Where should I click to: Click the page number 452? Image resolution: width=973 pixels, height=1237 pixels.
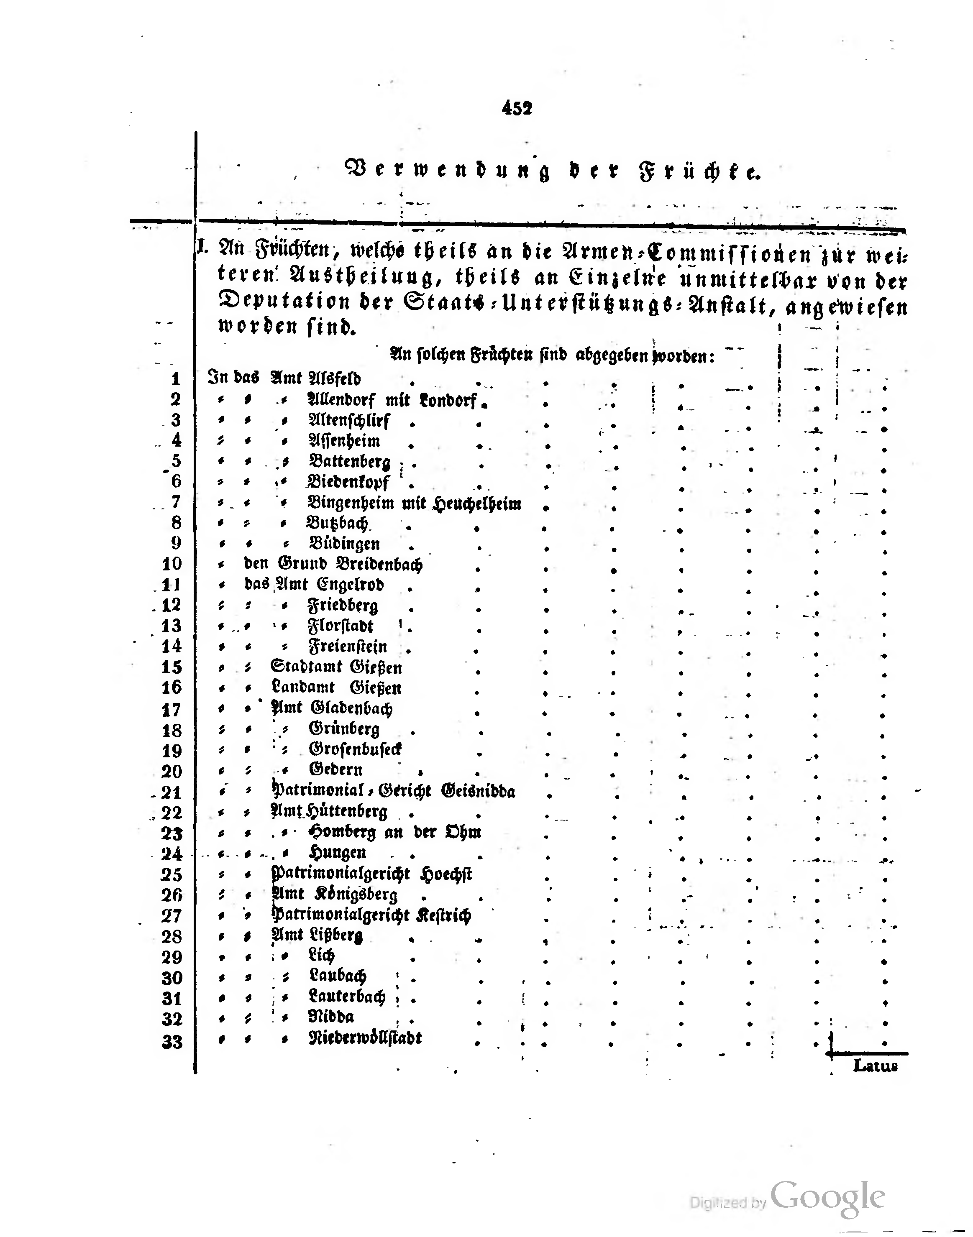(517, 107)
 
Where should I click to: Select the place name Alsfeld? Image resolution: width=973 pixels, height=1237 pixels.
(334, 378)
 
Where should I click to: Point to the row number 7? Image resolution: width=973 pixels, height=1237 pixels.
(176, 502)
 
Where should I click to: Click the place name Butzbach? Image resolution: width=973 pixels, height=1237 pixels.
(338, 523)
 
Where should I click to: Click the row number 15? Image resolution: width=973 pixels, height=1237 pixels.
(172, 667)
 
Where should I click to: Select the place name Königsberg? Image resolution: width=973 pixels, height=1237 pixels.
(357, 894)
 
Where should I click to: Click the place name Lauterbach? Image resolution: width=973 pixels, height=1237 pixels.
(347, 996)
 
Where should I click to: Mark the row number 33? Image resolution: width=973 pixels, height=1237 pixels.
(172, 1042)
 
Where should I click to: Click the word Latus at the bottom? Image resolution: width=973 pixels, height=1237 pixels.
(875, 1066)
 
